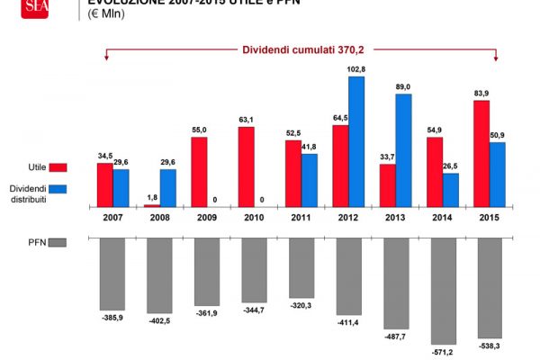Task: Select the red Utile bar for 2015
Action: [x=481, y=153]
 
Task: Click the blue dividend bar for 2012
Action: [x=356, y=141]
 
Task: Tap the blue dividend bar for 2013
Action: [x=403, y=150]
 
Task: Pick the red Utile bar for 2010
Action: [x=246, y=166]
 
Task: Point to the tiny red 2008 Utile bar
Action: [x=151, y=206]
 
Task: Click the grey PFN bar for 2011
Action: [x=301, y=267]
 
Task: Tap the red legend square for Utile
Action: [x=58, y=167]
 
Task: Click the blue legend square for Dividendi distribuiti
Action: [x=58, y=187]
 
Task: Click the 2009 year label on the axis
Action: [x=206, y=219]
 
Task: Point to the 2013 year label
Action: [x=395, y=219]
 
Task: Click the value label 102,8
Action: [x=357, y=69]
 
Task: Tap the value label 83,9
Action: [x=481, y=94]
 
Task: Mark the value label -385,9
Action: [x=112, y=319]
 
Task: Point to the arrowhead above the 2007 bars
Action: [x=107, y=58]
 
